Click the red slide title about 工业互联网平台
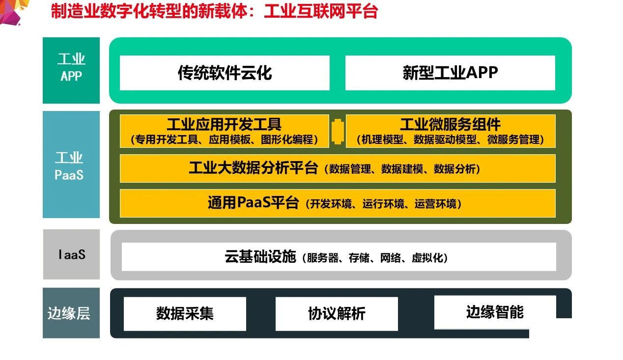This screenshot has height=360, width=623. pyautogui.click(x=214, y=11)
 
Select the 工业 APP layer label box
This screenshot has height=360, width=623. pyautogui.click(x=71, y=70)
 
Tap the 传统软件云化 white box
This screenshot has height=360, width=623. pyautogui.click(x=225, y=73)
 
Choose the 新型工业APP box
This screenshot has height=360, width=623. pyautogui.click(x=450, y=73)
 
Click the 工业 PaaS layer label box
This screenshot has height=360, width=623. pyautogui.click(x=71, y=165)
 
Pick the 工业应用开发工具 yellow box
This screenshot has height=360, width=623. pyautogui.click(x=224, y=131)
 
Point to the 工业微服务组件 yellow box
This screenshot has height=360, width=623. pyautogui.click(x=451, y=131)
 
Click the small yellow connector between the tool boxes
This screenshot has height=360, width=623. pyautogui.click(x=338, y=131)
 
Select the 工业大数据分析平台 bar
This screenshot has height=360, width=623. pyautogui.click(x=338, y=168)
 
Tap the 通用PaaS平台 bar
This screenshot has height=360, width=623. pyautogui.click(x=338, y=203)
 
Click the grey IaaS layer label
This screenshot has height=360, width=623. pyautogui.click(x=71, y=254)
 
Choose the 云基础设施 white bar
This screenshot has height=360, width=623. pyautogui.click(x=339, y=256)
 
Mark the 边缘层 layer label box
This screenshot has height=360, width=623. pyautogui.click(x=71, y=313)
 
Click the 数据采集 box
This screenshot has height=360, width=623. pyautogui.click(x=185, y=314)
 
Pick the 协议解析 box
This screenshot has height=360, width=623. pyautogui.click(x=337, y=314)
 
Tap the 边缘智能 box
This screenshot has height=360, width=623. pyautogui.click(x=495, y=312)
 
